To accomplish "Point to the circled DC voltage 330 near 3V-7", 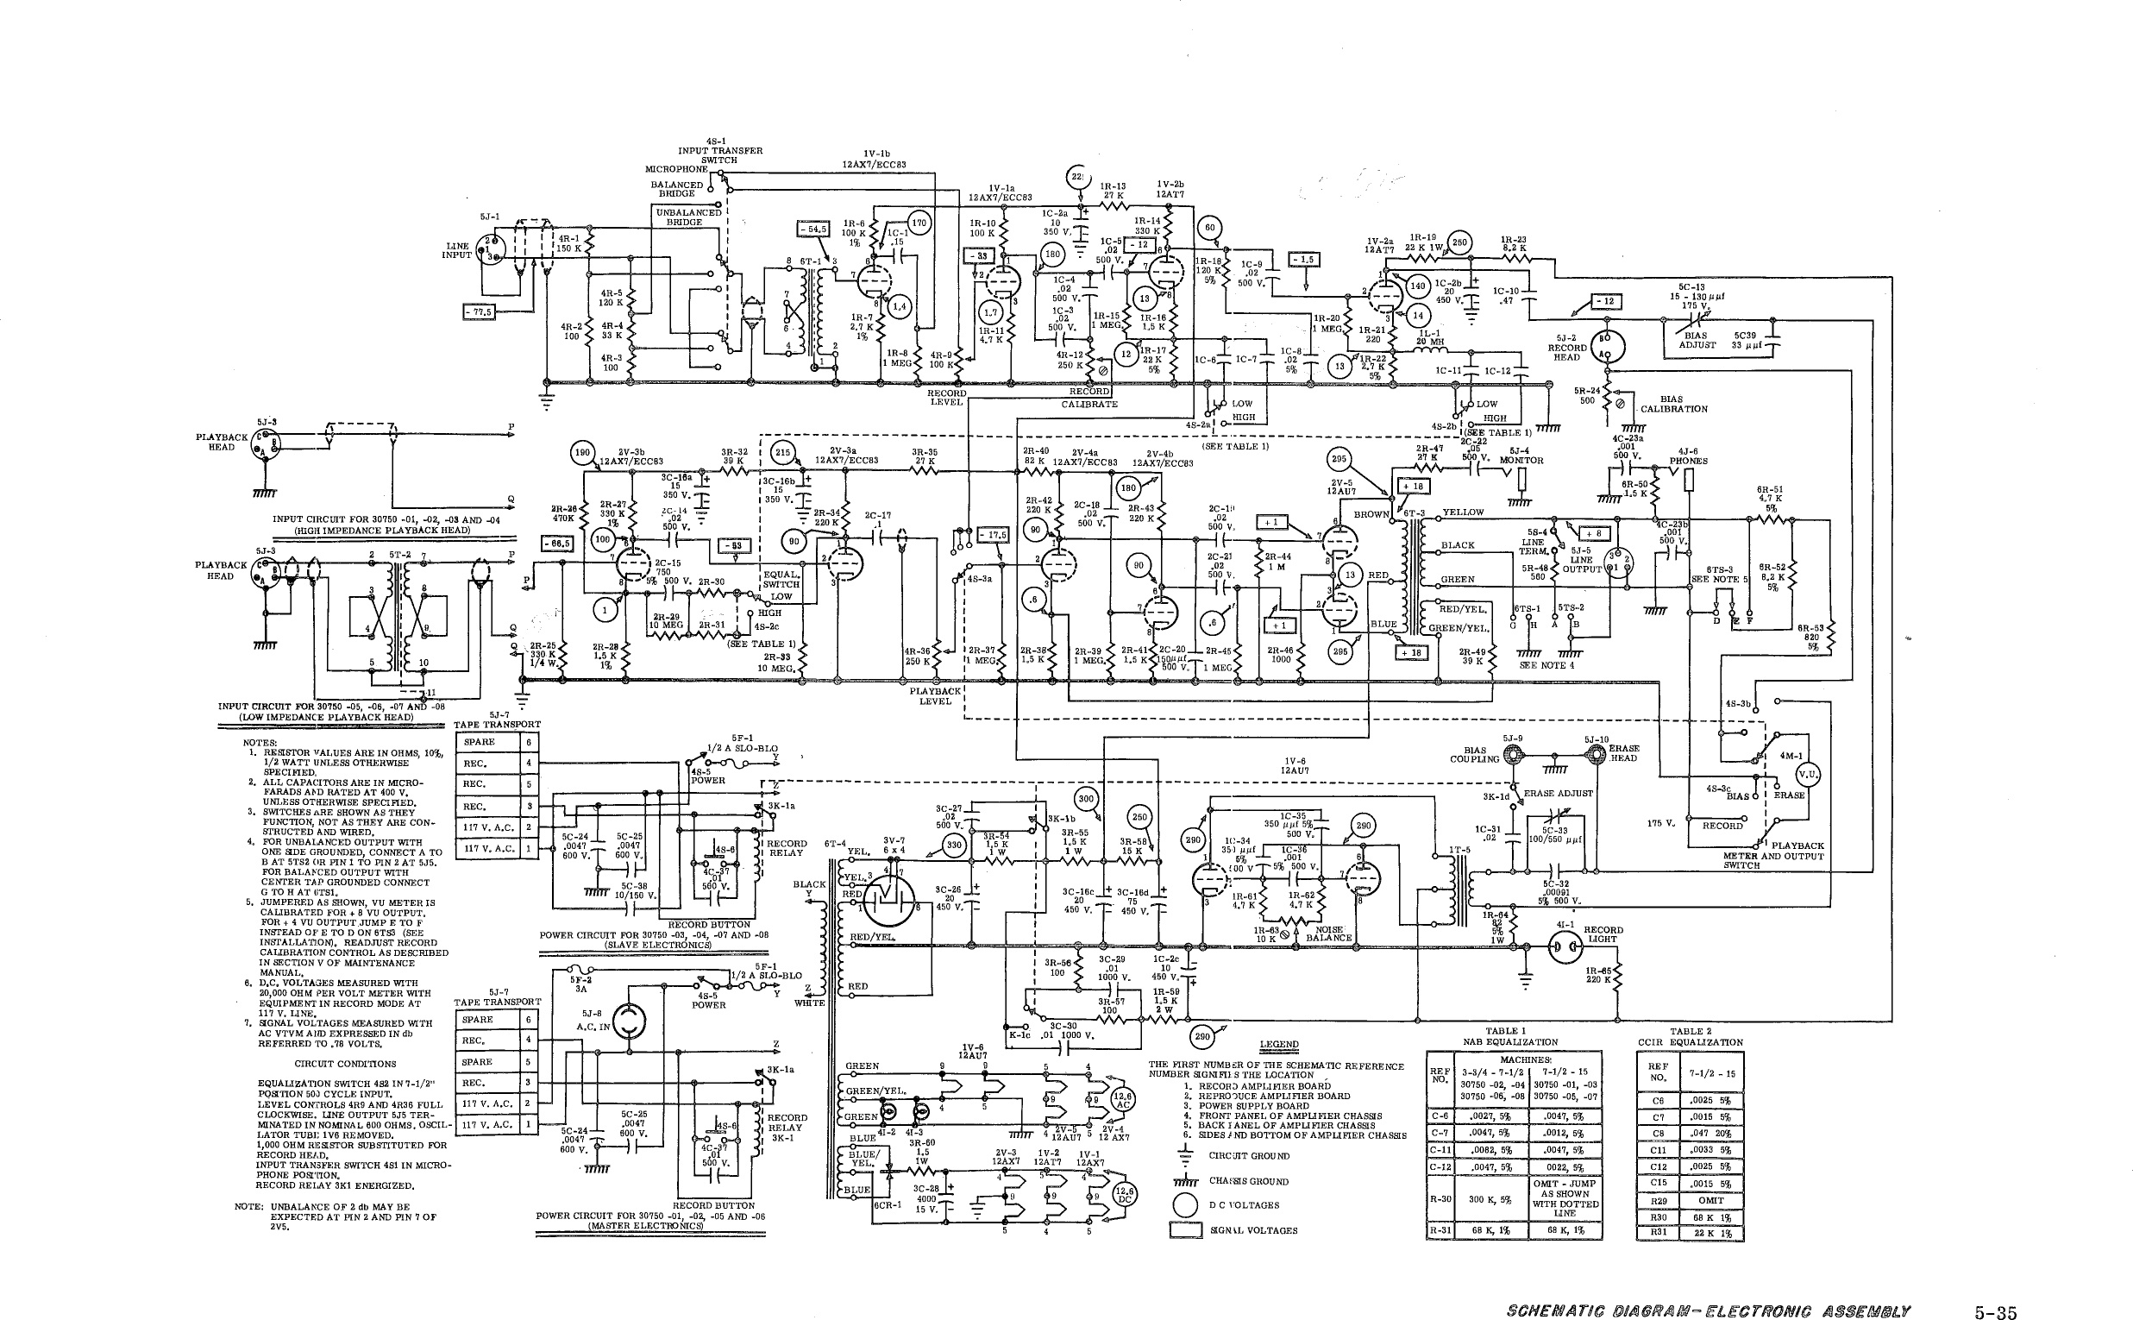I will [955, 845].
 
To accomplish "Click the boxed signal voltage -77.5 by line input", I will [479, 311].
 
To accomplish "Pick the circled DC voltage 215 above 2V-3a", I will [783, 452].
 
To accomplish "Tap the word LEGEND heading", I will [1278, 1044].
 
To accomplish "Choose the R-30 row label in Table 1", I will [1440, 1198].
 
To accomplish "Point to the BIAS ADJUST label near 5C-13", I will [1697, 340].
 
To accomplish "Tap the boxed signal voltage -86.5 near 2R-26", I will [558, 543].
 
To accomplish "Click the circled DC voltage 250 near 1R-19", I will [1459, 242].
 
